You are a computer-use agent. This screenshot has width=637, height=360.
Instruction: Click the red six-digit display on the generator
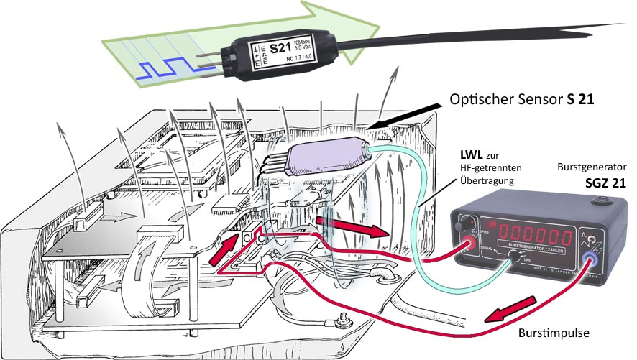pos(533,234)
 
